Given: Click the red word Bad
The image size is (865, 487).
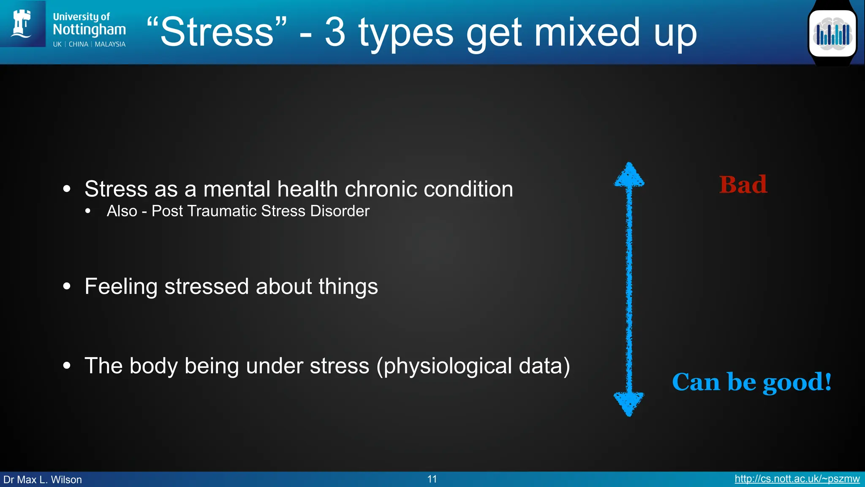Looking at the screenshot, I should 743,185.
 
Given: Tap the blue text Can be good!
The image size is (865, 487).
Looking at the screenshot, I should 752,382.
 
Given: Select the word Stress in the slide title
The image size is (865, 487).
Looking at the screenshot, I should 217,32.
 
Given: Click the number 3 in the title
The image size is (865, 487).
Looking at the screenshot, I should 335,32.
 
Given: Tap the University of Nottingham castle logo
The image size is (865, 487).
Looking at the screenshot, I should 22,24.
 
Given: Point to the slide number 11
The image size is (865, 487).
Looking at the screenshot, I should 432,479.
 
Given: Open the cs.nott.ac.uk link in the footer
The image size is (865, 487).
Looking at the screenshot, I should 797,479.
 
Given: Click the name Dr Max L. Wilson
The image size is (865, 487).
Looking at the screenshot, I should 43,479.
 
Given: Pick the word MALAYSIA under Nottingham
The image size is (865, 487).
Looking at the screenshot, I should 110,44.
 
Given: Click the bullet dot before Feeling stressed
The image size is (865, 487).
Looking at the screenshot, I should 67,286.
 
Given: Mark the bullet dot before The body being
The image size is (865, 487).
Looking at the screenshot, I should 67,365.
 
